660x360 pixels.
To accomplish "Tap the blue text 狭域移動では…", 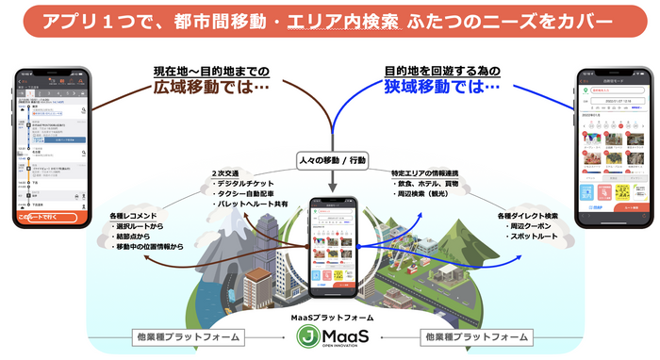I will (441, 87).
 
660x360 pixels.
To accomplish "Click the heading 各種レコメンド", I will (131, 216).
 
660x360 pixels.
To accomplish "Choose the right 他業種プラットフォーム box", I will (472, 336).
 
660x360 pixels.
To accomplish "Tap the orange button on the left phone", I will (53, 217).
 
